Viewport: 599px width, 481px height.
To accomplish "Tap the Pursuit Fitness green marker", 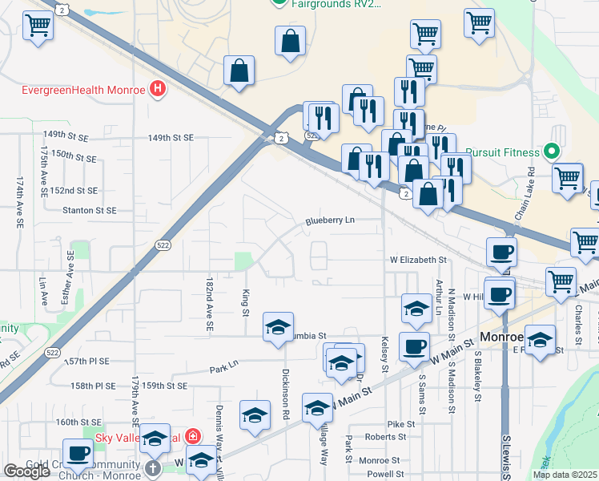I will click(550, 151).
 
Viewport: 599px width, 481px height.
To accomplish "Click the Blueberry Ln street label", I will click(329, 220).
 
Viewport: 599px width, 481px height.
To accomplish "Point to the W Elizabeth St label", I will click(417, 260).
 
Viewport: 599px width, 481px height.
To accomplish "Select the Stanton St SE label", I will click(89, 210).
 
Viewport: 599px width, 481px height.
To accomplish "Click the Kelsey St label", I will click(385, 352).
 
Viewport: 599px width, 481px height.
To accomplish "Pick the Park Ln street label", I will click(224, 370).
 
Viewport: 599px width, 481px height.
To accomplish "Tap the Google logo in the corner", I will click(26, 471).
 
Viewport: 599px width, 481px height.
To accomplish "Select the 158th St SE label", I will click(92, 386).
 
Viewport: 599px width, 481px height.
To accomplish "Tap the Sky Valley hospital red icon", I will click(192, 437).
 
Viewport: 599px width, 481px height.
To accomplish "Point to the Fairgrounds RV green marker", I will click(278, 2).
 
